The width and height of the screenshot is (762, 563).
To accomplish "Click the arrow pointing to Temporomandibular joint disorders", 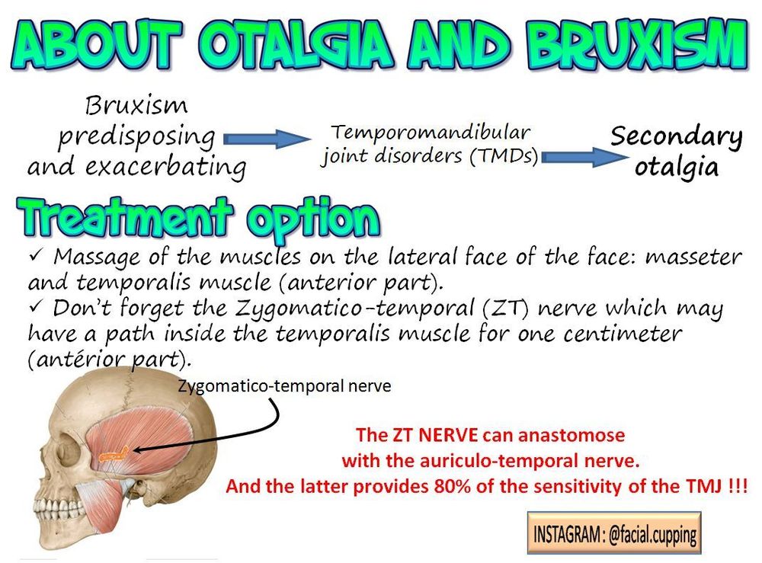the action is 267,139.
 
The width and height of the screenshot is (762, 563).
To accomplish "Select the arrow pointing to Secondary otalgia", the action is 584,158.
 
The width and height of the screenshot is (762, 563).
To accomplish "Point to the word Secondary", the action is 676,137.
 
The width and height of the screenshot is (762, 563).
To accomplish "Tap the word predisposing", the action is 136,137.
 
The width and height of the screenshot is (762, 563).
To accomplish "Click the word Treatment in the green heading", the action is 125,216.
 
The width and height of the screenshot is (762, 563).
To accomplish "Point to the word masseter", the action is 693,257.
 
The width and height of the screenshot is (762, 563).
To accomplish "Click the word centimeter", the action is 623,334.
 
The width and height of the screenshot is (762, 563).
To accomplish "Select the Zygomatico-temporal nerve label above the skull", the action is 284,385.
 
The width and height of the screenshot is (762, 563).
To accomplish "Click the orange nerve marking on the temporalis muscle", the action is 114,454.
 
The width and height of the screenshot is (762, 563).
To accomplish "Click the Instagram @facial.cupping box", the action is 614,533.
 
